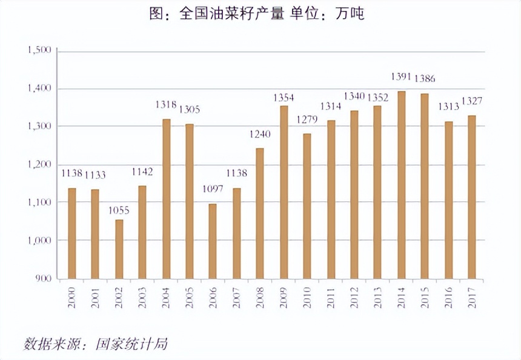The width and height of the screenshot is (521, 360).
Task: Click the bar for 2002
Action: coord(119,249)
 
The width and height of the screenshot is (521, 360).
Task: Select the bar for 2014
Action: coord(401,185)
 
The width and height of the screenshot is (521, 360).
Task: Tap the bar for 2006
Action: coord(213,241)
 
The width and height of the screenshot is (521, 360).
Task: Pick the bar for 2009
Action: coord(284,192)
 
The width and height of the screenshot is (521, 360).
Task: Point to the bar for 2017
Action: coord(471,197)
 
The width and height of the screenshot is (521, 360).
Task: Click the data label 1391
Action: coord(401,77)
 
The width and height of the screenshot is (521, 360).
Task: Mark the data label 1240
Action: coord(260,135)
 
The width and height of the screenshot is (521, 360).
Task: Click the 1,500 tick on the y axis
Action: coord(39,50)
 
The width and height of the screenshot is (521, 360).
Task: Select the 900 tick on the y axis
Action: coord(44,279)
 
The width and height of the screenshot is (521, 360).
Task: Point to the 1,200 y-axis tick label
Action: coord(39,165)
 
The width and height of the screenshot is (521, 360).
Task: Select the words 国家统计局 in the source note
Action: coord(132,344)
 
